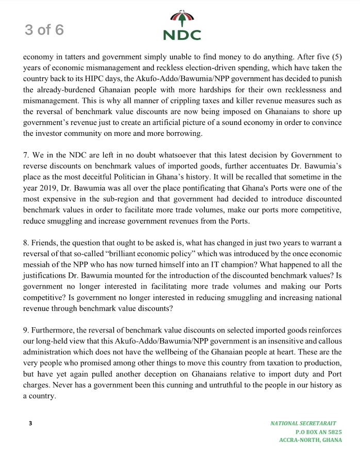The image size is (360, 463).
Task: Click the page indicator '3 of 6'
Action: [44, 29]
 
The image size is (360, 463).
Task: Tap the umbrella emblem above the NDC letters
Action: [182, 19]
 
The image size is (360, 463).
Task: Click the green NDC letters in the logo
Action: [182, 35]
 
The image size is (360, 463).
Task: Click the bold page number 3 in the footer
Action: [30, 423]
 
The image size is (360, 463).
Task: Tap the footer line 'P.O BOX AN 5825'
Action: [318, 432]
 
